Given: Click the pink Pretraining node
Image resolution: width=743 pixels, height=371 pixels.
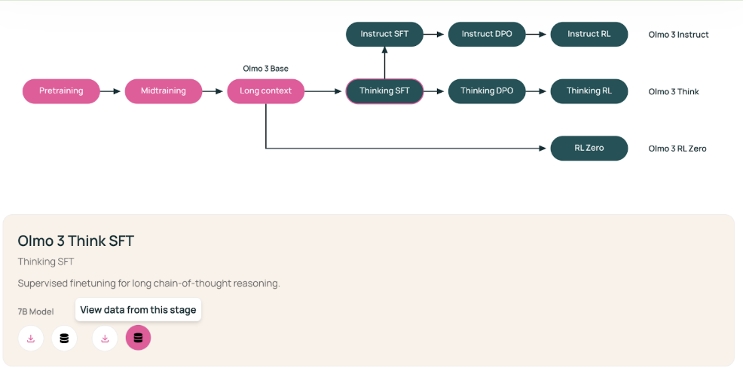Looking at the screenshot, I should tap(61, 91).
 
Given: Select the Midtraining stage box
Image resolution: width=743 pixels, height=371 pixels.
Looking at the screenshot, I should tap(164, 91).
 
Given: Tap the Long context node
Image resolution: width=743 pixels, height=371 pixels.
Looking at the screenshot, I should tap(266, 91).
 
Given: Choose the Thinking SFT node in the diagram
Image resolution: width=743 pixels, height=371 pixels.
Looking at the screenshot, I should tap(384, 91).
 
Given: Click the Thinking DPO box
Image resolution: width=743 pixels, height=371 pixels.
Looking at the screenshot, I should tap(487, 91).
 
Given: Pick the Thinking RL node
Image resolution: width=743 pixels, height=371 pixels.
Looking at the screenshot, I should tap(589, 91).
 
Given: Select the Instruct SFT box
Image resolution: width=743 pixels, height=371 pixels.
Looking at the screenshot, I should tap(384, 34).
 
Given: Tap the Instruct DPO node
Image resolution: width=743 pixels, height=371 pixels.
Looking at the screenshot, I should tap(487, 34).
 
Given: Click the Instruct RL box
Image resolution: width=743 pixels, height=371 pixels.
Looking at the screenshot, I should tap(589, 34).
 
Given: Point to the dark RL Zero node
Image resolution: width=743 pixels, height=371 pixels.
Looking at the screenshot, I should tap(589, 148).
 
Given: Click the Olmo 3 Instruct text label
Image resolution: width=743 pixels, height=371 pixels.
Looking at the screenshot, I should tap(678, 35).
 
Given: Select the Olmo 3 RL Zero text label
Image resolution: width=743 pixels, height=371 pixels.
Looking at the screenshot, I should tap(677, 149).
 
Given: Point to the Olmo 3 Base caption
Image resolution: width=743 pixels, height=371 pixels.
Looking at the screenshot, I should tap(265, 69).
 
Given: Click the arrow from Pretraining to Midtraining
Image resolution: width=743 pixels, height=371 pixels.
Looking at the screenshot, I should tap(112, 91).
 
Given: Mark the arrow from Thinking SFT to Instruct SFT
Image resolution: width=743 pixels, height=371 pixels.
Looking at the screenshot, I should tap(384, 62).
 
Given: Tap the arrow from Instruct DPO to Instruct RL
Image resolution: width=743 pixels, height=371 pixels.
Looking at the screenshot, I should tap(538, 34).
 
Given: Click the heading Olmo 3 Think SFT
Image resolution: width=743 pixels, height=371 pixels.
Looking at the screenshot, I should tap(76, 241).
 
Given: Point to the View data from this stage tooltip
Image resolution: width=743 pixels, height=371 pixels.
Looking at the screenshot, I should tap(138, 310).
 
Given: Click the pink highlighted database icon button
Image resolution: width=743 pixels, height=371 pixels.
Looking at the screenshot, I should tap(138, 338).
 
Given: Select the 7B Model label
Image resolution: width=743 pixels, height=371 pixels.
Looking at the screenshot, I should tap(35, 311).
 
